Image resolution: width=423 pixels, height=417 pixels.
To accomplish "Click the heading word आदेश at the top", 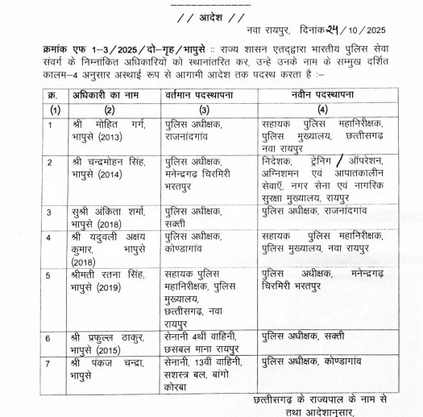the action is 212,16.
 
